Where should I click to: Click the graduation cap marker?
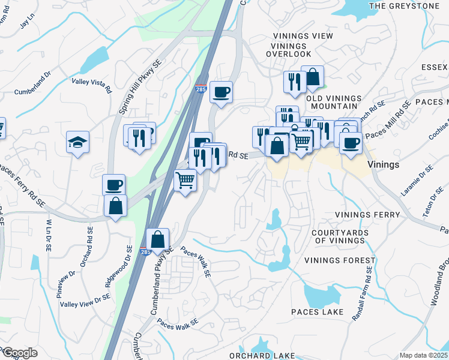[77, 143]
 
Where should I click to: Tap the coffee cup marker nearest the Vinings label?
[351, 143]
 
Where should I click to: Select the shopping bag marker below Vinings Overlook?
[312, 77]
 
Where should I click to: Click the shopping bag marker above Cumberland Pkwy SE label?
[157, 239]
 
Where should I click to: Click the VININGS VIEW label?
[303, 36]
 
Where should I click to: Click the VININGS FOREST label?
[340, 260]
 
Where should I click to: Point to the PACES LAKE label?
[318, 312]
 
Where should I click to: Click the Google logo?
[19, 352]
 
